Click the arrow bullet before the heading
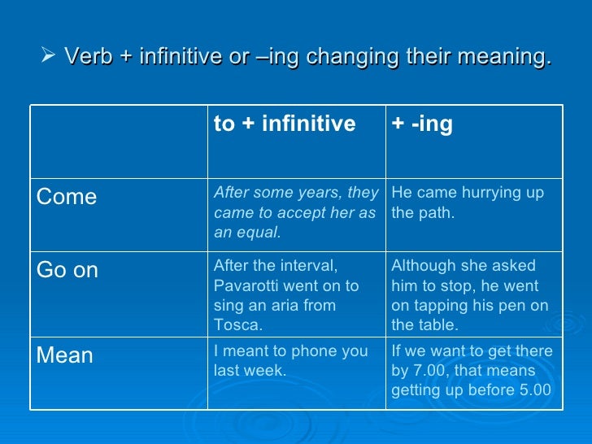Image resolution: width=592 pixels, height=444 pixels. (47, 57)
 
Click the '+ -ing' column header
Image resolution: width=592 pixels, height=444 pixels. (422, 124)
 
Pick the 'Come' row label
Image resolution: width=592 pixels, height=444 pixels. (67, 198)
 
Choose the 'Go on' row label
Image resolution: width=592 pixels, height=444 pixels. (67, 271)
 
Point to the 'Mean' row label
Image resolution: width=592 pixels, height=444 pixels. (65, 356)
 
